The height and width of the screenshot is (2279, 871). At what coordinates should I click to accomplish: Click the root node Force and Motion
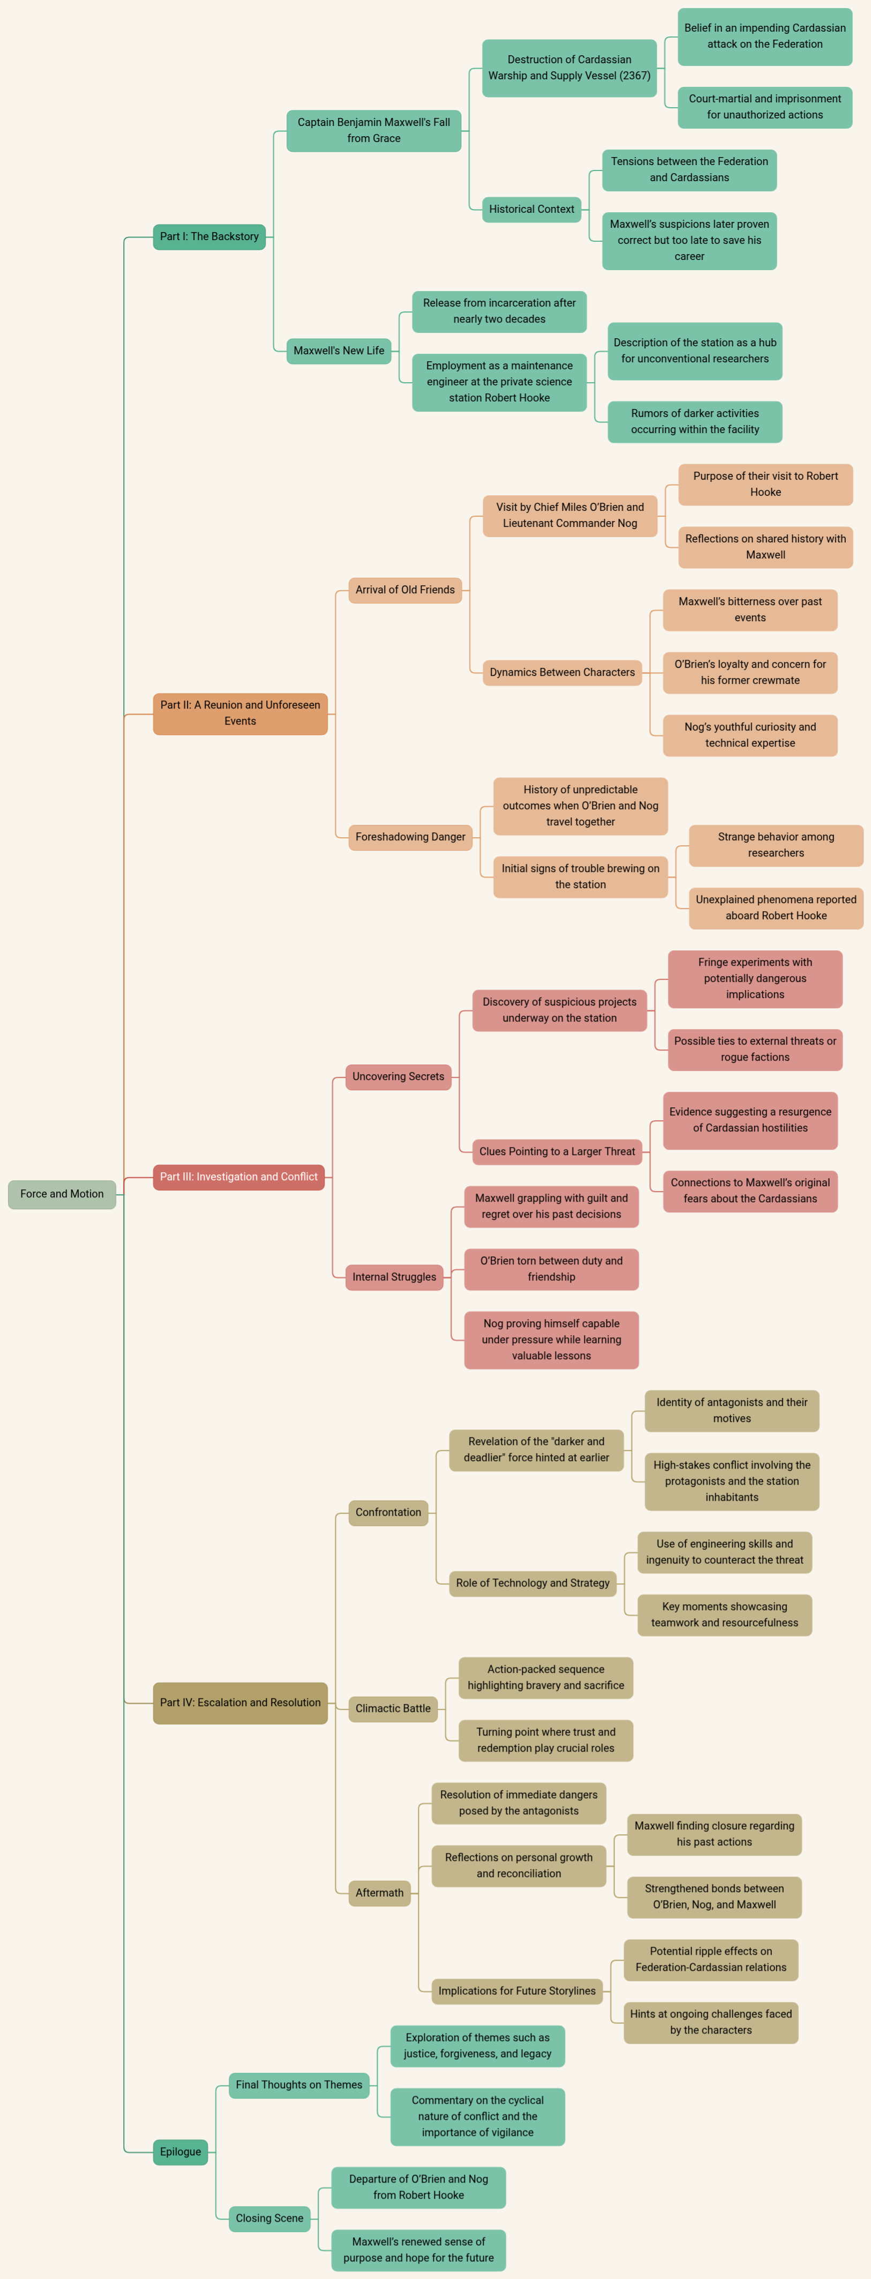(x=62, y=1194)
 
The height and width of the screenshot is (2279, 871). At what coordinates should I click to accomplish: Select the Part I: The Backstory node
(x=209, y=236)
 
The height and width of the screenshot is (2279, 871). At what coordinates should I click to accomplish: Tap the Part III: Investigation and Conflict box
(x=239, y=1176)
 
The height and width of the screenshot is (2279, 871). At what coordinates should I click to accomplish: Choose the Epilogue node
(x=181, y=2151)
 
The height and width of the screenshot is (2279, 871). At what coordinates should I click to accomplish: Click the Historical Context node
(x=531, y=209)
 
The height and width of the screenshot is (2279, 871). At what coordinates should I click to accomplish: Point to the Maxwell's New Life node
(x=339, y=351)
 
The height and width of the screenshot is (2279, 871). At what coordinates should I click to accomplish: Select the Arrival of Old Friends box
(x=405, y=589)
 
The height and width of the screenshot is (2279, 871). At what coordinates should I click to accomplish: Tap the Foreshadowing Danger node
(x=410, y=837)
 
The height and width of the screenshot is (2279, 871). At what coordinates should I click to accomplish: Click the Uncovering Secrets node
(x=398, y=1077)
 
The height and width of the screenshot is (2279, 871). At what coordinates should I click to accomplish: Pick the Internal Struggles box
(x=394, y=1277)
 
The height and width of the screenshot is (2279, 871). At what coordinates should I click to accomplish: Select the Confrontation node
(x=388, y=1512)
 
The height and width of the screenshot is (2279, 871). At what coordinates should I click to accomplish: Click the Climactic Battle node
(x=393, y=1708)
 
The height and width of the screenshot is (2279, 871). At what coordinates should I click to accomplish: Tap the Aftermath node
(x=379, y=1893)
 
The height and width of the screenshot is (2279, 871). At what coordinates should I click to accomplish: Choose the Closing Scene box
(x=269, y=2218)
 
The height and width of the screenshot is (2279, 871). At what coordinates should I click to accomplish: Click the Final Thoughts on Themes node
(x=299, y=2084)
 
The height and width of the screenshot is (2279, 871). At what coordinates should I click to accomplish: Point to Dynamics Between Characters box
(x=562, y=672)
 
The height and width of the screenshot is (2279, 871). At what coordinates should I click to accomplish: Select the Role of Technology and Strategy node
(x=533, y=1583)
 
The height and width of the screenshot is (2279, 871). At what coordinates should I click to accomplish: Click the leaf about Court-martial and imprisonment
(x=765, y=107)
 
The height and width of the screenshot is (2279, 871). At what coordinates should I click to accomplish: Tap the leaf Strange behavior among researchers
(x=776, y=845)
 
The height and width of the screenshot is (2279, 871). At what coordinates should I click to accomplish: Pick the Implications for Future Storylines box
(x=517, y=1991)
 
